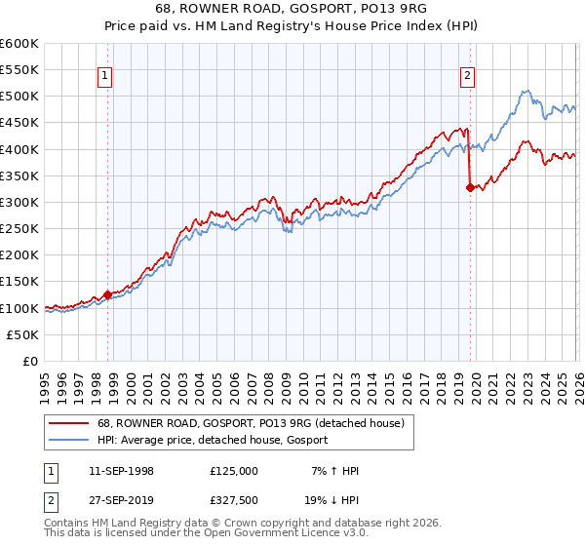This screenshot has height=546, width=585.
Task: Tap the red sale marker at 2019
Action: (x=470, y=188)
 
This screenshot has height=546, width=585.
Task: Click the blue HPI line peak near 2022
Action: (x=525, y=92)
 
